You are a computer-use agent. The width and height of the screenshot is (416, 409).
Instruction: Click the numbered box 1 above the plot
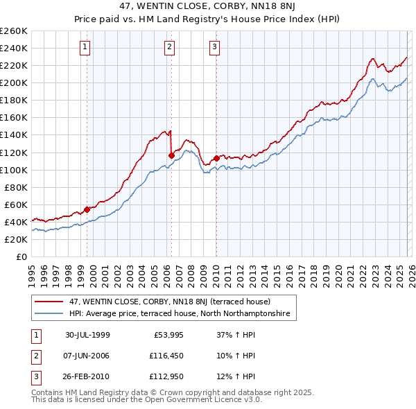click(x=85, y=47)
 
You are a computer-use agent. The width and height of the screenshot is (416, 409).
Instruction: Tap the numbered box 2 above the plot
click(x=169, y=47)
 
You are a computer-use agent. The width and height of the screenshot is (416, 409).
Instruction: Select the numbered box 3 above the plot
click(x=214, y=47)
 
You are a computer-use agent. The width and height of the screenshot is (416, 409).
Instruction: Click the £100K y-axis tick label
click(x=14, y=170)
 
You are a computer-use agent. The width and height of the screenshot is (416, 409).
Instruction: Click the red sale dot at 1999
click(x=87, y=209)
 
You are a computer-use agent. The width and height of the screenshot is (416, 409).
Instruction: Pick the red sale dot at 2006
click(x=171, y=155)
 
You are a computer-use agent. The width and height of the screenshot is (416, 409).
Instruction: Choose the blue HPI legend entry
click(x=182, y=314)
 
